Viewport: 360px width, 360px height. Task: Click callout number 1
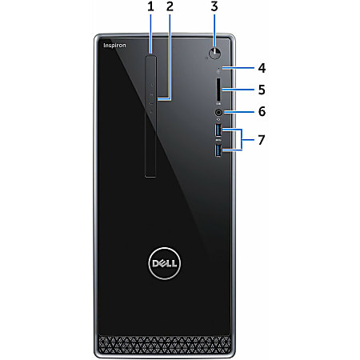click(150, 6)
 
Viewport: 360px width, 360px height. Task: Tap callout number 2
click(170, 6)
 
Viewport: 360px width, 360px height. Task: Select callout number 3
click(214, 6)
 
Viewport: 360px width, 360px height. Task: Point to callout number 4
click(262, 68)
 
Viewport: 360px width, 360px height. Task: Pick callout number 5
click(262, 90)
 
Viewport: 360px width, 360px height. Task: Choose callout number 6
click(262, 111)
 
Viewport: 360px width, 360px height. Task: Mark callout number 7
click(262, 140)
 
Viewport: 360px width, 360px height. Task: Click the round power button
click(215, 54)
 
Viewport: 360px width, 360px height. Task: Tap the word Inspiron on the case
click(114, 46)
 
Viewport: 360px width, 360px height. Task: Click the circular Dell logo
click(164, 263)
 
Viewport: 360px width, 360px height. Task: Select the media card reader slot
click(218, 90)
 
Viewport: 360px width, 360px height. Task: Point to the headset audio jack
click(218, 112)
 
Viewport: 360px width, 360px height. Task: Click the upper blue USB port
click(218, 130)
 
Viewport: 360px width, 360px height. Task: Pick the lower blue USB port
click(218, 150)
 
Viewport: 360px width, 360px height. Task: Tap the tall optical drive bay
click(150, 116)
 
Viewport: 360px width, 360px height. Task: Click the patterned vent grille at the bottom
click(164, 344)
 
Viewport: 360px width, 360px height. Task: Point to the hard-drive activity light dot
click(218, 68)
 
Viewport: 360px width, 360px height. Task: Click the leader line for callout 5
click(238, 90)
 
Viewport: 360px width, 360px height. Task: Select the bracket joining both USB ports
click(242, 140)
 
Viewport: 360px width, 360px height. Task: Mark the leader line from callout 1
click(150, 34)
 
